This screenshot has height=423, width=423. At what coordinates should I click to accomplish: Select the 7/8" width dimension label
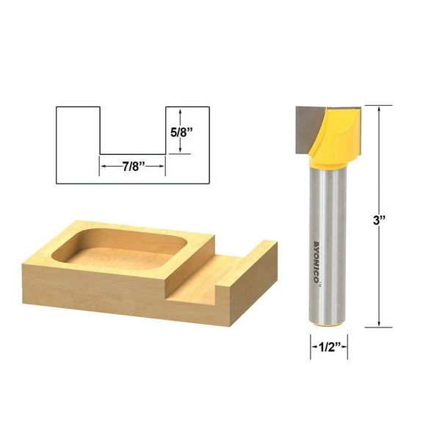tap(132, 167)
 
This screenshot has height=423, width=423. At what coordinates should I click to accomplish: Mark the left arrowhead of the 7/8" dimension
tap(103, 167)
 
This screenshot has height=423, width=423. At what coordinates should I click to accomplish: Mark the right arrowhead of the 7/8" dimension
tap(162, 167)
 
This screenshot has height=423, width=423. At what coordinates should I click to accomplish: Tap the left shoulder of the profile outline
tap(78, 108)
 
